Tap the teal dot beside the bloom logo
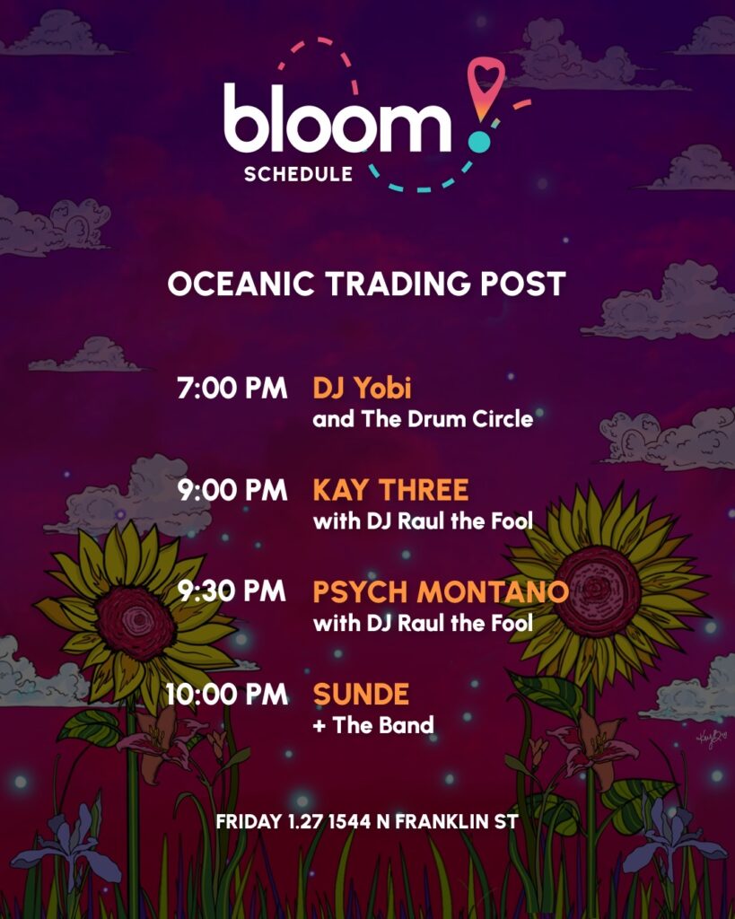479,142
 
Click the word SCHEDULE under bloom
298,174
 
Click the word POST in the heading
523,284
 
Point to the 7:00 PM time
232,388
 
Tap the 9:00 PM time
232,490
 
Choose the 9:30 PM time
232,591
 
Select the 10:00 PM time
227,694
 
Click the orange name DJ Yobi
363,388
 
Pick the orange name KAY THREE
391,490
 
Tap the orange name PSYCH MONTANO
441,592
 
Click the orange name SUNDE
361,694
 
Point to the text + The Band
373,725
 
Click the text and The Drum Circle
424,419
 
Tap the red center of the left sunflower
136,623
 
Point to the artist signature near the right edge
712,739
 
